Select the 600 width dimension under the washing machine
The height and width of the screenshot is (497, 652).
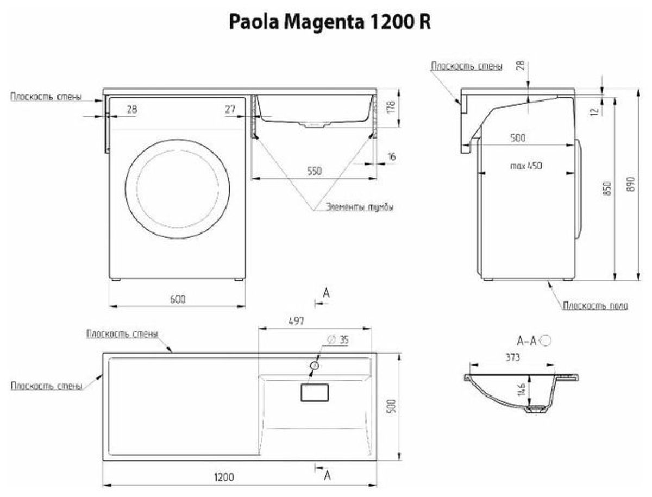178,299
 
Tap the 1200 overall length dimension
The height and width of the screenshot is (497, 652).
223,477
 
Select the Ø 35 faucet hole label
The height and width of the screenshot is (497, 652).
337,341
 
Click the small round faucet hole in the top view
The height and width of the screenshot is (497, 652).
314,366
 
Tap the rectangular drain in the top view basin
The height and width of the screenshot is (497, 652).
315,392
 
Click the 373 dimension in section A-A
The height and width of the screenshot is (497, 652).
512,357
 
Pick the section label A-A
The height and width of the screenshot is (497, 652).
526,341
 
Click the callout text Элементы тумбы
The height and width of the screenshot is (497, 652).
360,207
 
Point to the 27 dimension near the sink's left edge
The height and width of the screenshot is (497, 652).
230,109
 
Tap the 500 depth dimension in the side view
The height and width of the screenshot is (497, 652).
518,138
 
